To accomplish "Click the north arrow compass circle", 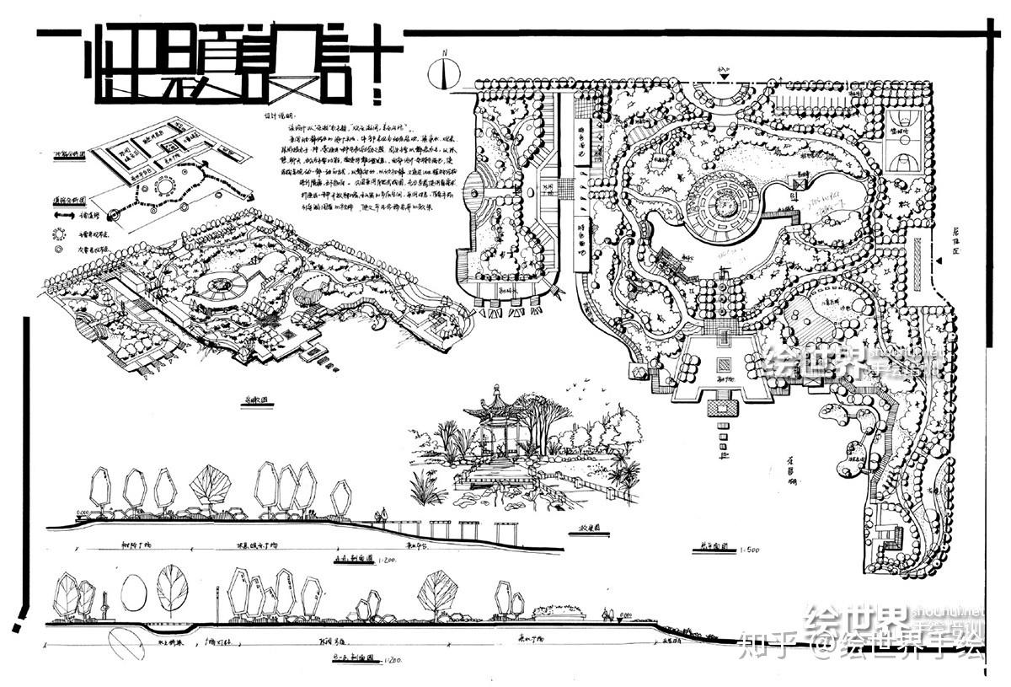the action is (x=445, y=74).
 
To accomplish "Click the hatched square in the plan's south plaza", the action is (x=723, y=367).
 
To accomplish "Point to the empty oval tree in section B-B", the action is (x=133, y=592).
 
